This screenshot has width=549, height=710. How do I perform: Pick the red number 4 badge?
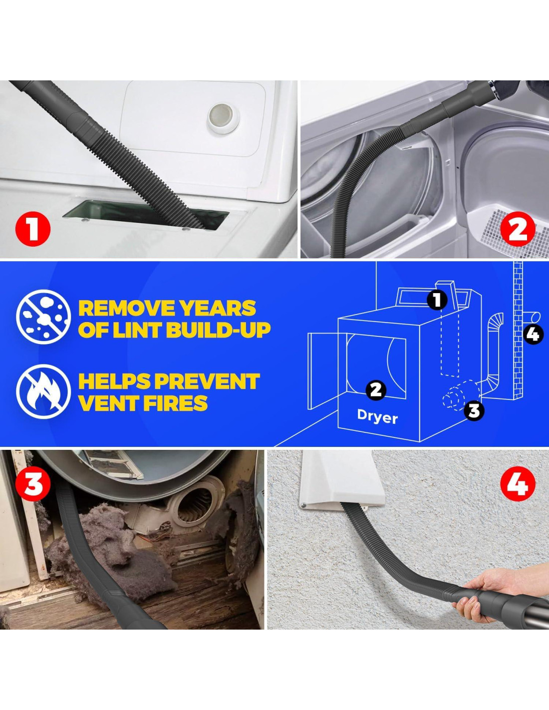[x=518, y=484]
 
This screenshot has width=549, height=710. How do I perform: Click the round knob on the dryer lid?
[x=224, y=118]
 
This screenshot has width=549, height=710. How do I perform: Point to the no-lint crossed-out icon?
[x=43, y=317]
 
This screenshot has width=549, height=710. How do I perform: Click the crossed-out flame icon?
[x=43, y=391]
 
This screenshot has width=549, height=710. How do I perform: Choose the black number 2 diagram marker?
[x=376, y=389]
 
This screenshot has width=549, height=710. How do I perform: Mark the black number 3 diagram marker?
[x=474, y=411]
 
